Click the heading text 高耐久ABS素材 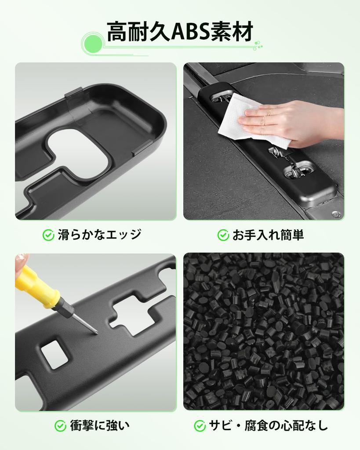click(x=180, y=32)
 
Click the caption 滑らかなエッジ click(x=99, y=235)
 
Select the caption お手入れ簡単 click(x=268, y=235)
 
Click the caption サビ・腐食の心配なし click(x=268, y=425)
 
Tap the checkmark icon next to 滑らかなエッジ click(x=48, y=235)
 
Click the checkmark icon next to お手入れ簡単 click(x=223, y=235)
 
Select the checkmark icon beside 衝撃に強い click(x=61, y=425)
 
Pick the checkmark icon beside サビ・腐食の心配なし click(x=200, y=425)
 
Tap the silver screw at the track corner click(x=335, y=214)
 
